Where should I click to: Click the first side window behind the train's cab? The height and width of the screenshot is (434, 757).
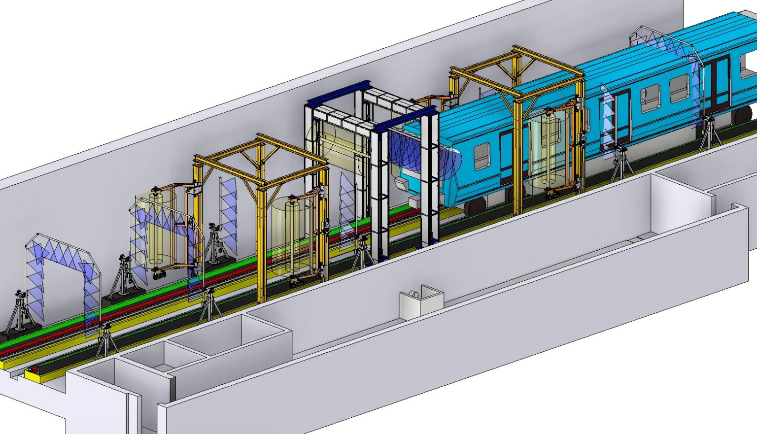(x=481, y=156)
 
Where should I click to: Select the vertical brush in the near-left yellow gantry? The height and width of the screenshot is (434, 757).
(x=291, y=236)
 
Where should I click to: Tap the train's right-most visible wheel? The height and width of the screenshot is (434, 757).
(x=742, y=116)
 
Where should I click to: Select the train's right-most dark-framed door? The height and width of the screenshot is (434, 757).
(x=716, y=84)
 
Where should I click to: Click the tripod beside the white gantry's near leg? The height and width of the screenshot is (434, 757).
(x=360, y=254)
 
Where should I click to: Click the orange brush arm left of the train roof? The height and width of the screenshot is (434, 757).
(x=434, y=100)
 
